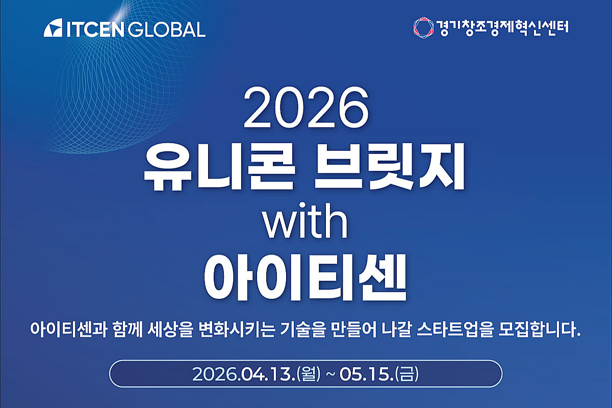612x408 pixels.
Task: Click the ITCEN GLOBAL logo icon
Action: click(x=53, y=29)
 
